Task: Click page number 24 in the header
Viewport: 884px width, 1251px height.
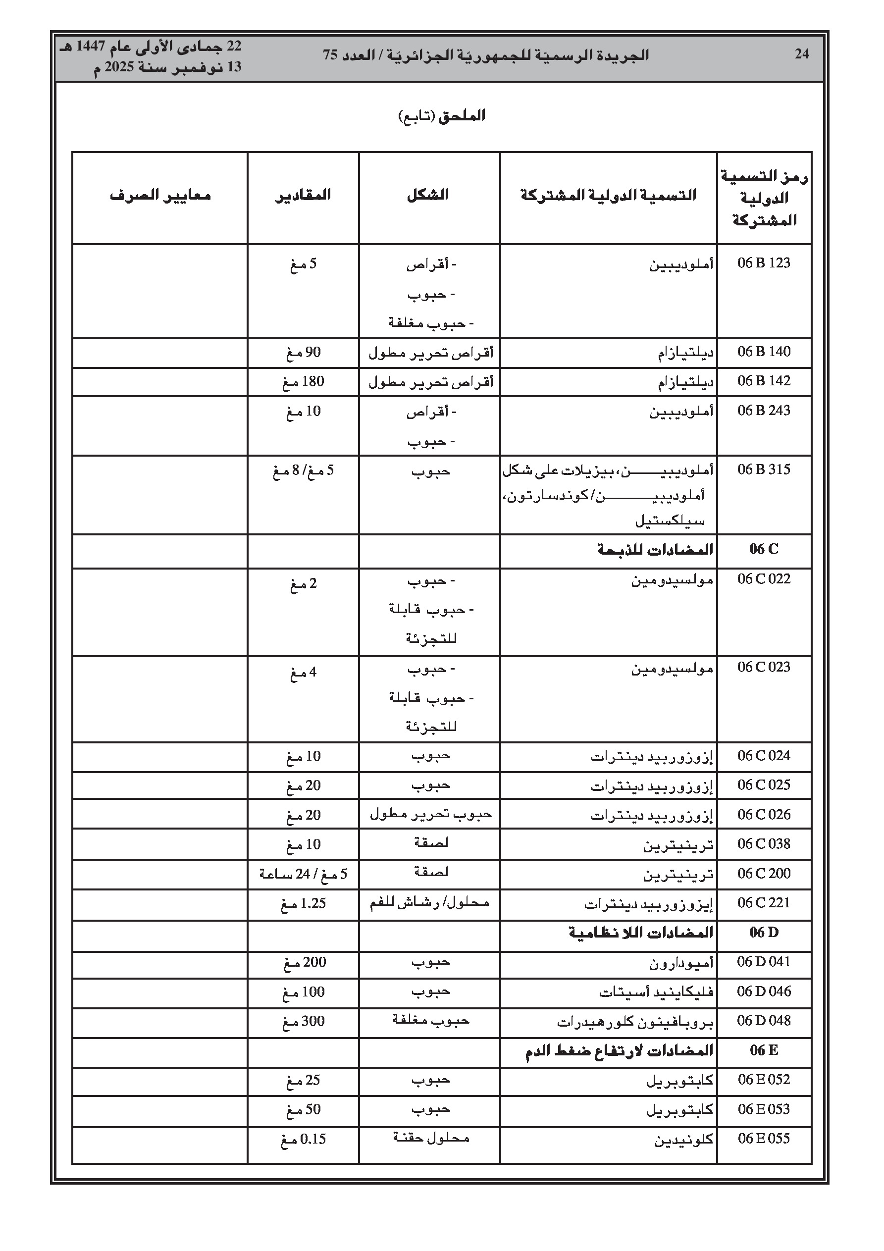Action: coord(801,53)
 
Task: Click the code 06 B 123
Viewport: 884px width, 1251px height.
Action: coord(764,263)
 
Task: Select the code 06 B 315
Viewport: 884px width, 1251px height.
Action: coord(764,469)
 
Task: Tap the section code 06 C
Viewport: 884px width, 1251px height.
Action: coord(764,549)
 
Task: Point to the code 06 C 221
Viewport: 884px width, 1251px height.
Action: coord(764,903)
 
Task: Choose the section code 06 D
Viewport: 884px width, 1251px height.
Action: coord(764,933)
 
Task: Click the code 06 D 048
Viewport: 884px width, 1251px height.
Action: coord(764,1021)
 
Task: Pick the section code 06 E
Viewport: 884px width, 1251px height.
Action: coord(764,1050)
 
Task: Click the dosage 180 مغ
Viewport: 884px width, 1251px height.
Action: coord(303,382)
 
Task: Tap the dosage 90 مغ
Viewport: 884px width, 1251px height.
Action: coord(303,353)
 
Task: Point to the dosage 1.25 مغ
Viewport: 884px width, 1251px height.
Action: coord(303,903)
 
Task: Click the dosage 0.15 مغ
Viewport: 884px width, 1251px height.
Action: coord(303,1139)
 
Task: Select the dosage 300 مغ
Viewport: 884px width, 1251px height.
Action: coord(303,1022)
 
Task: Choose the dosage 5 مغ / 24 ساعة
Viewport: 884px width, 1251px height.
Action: coord(303,874)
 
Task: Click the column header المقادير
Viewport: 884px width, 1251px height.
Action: coord(303,195)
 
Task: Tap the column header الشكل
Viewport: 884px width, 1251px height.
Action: coord(428,195)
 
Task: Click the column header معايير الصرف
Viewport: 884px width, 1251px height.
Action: coord(160,195)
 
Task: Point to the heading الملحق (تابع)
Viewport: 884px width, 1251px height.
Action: coord(442,116)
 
